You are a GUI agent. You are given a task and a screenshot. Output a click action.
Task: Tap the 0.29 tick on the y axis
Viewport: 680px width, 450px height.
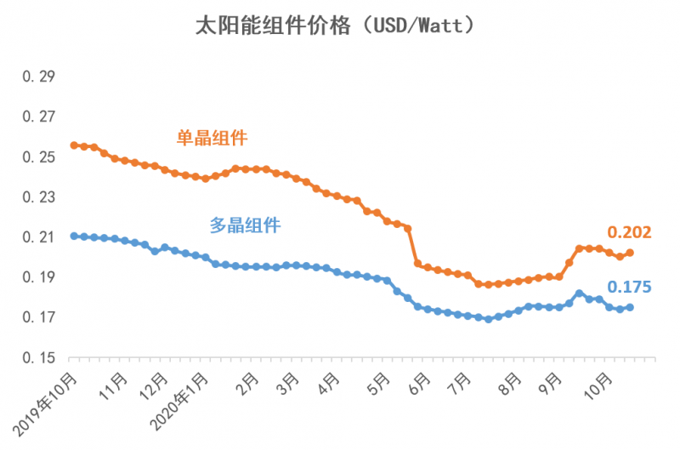pos(38,77)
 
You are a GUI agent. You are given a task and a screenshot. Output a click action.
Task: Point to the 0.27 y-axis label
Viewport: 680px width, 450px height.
pos(38,117)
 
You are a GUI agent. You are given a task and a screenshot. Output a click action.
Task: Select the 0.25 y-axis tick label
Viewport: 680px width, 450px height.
pos(38,157)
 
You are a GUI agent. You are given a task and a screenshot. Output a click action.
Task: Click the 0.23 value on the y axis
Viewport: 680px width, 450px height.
pos(38,197)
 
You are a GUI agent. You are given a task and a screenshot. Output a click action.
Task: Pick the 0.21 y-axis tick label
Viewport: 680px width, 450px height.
pos(38,237)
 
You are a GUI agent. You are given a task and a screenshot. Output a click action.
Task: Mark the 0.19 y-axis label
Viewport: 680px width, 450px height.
pos(38,277)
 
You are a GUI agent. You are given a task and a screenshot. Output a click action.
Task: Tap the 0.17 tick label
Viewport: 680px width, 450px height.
pos(38,318)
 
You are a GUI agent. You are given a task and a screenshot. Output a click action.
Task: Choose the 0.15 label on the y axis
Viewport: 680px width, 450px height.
pos(38,358)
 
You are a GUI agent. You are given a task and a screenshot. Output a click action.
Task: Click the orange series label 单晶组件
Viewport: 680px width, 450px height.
pos(212,137)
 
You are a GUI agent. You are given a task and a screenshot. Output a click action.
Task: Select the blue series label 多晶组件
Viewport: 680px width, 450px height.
pos(245,225)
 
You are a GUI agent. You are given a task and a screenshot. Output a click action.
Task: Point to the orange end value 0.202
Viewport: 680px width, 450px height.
pos(629,232)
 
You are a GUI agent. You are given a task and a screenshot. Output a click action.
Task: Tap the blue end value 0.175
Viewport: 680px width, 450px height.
pos(629,287)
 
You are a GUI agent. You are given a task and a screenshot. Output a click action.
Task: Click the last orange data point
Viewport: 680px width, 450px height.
pos(630,253)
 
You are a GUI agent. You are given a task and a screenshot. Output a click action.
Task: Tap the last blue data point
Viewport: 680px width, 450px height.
pos(630,307)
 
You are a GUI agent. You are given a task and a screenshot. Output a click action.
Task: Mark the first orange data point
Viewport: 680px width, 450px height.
pos(74,145)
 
